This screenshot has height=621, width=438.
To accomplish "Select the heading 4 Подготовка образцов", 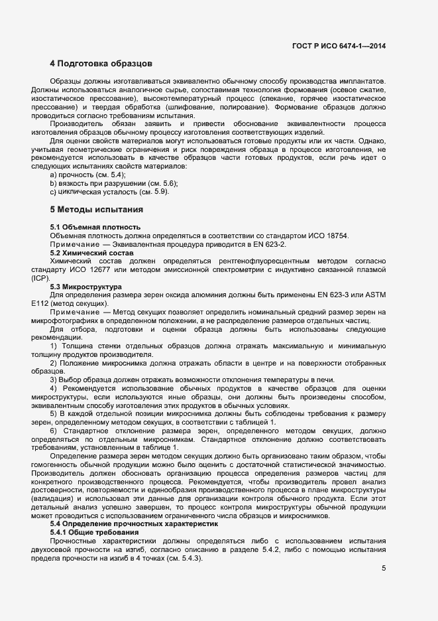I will point(101,64).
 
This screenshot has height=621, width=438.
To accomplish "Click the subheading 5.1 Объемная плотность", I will point(95,228).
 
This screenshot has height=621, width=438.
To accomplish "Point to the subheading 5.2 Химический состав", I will point(92,253).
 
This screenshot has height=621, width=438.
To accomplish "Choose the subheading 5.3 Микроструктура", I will point(86,286).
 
